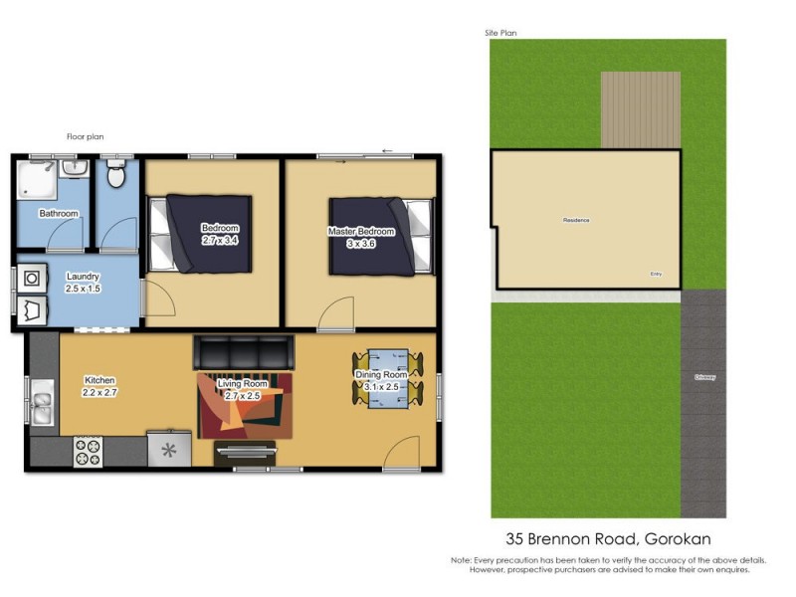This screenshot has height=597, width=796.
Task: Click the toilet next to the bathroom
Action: pyautogui.click(x=115, y=176)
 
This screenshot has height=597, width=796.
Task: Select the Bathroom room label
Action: pyautogui.click(x=58, y=214)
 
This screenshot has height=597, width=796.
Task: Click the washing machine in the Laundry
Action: pyautogui.click(x=30, y=278)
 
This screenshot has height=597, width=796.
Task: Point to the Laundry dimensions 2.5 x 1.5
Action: pyautogui.click(x=84, y=290)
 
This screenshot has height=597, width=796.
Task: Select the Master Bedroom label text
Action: pyautogui.click(x=361, y=232)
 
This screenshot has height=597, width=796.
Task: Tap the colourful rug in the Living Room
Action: pyautogui.click(x=245, y=406)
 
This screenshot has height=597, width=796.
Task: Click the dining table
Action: pyautogui.click(x=387, y=379)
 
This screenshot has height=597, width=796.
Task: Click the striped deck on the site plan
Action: pyautogui.click(x=640, y=108)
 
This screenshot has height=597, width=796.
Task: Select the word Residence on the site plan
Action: pyautogui.click(x=576, y=219)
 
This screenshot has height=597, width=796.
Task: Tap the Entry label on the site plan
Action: pyautogui.click(x=656, y=275)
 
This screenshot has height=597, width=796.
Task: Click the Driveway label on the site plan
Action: pyautogui.click(x=705, y=377)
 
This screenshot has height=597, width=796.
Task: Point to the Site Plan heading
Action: pyautogui.click(x=500, y=33)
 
